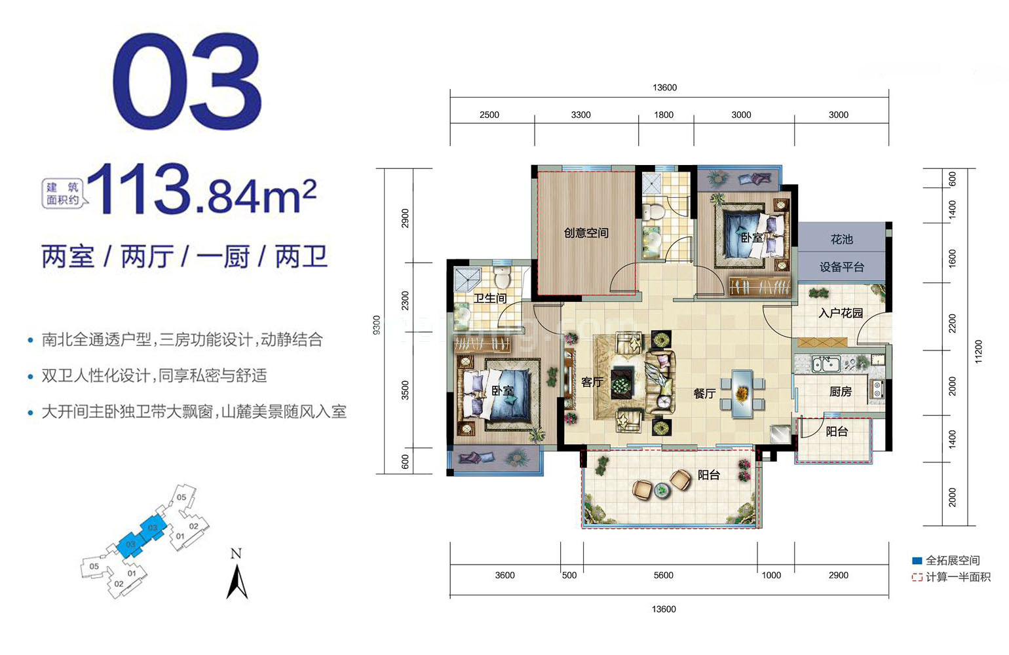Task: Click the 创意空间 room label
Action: coord(586,233)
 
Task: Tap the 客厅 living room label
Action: coord(592,382)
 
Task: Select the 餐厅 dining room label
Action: coord(704,394)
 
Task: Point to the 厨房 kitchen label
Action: coord(841,392)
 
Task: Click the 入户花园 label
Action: coord(841,313)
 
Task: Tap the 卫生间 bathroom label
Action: coord(490,299)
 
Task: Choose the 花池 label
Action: coord(842,240)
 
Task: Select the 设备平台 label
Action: coord(842,267)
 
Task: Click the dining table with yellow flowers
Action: coord(742,394)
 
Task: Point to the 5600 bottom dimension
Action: coord(663,575)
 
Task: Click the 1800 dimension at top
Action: coord(664,115)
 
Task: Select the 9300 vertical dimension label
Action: coord(377,325)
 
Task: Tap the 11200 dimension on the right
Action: coord(979,351)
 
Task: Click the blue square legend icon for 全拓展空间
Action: coord(917,561)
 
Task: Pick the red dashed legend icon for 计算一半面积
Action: coord(917,577)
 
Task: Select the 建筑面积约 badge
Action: coord(63,194)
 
